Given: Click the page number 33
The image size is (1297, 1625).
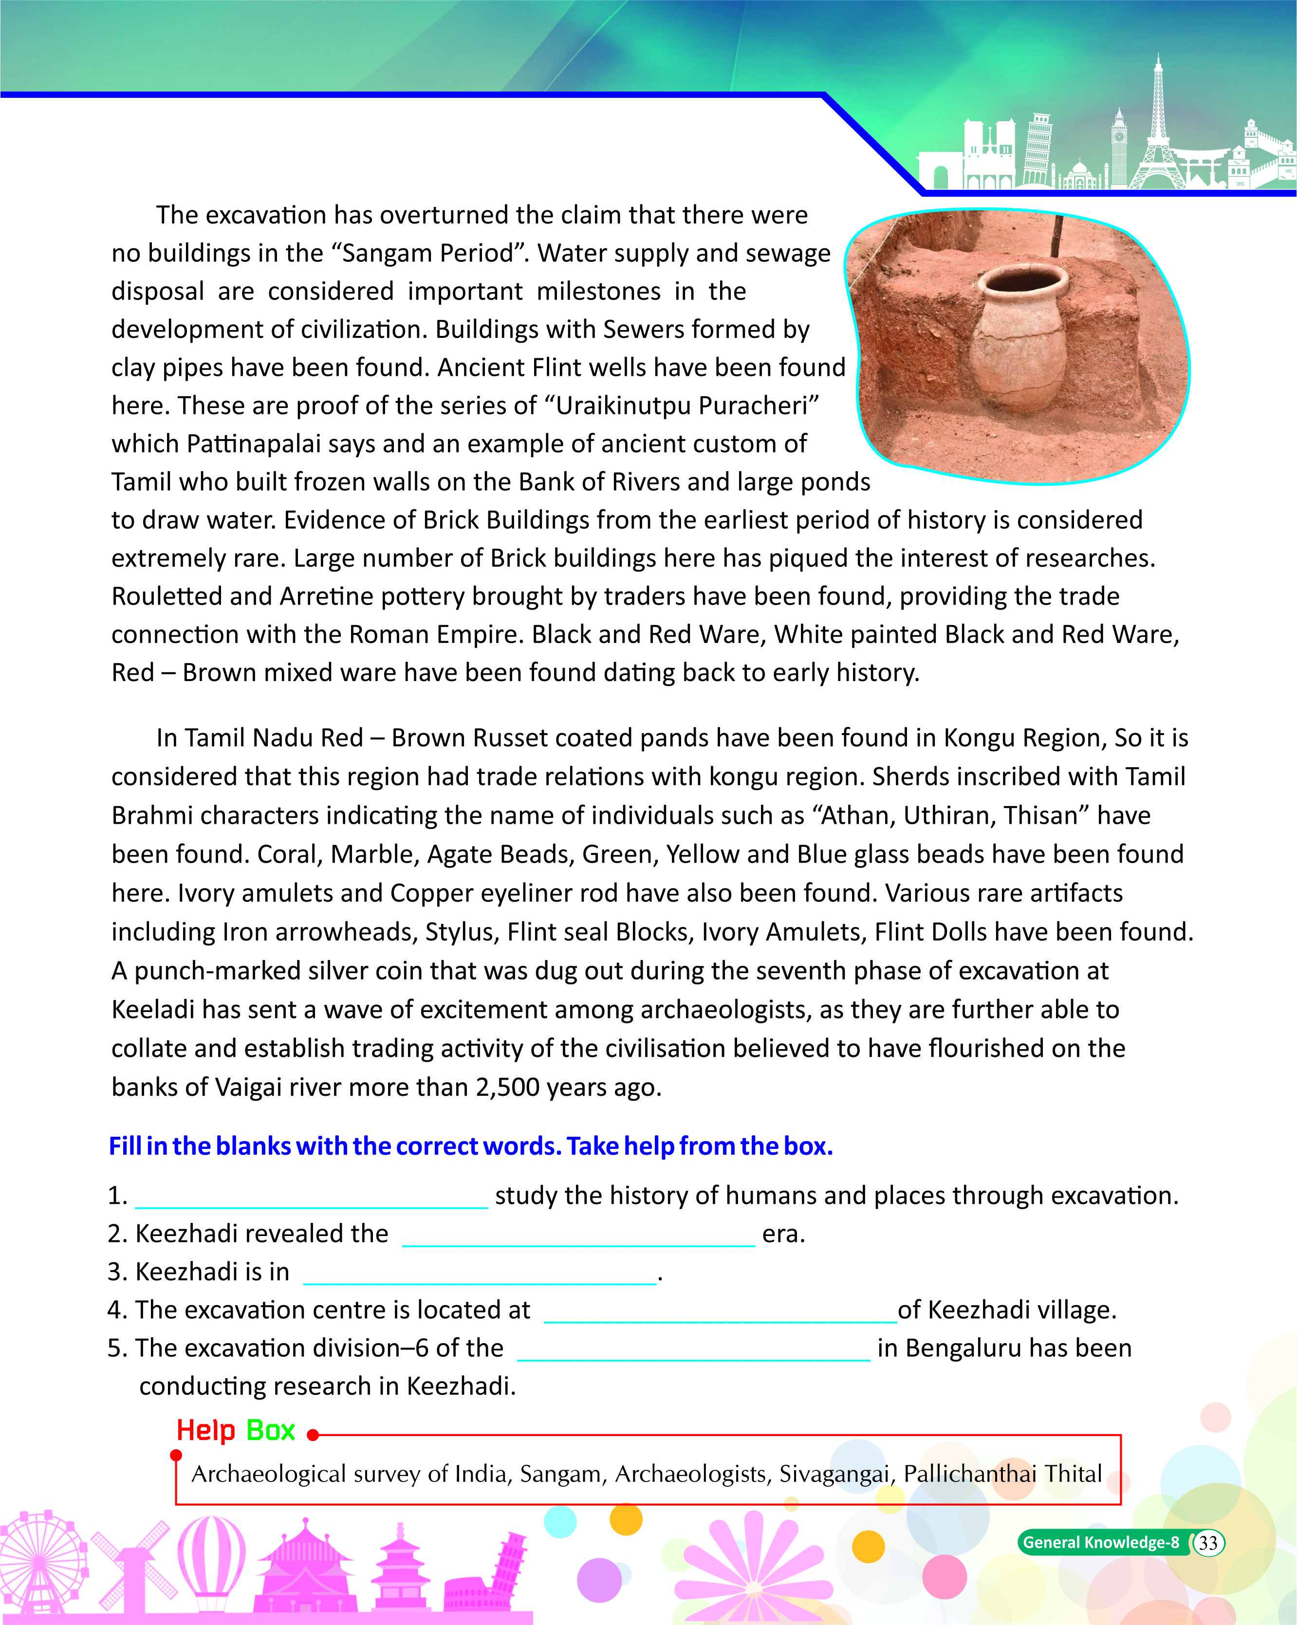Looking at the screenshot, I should (x=1207, y=1543).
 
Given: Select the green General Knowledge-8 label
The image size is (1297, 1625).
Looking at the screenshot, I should (x=1100, y=1543).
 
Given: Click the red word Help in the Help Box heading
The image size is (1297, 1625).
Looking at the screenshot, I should (x=206, y=1431).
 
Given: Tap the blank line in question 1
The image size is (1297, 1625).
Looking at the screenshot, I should (x=311, y=1200).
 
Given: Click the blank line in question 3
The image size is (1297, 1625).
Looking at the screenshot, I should (x=479, y=1276).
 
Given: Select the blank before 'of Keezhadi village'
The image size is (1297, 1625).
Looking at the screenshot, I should (x=720, y=1314).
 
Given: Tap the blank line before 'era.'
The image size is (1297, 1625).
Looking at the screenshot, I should (x=578, y=1237).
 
